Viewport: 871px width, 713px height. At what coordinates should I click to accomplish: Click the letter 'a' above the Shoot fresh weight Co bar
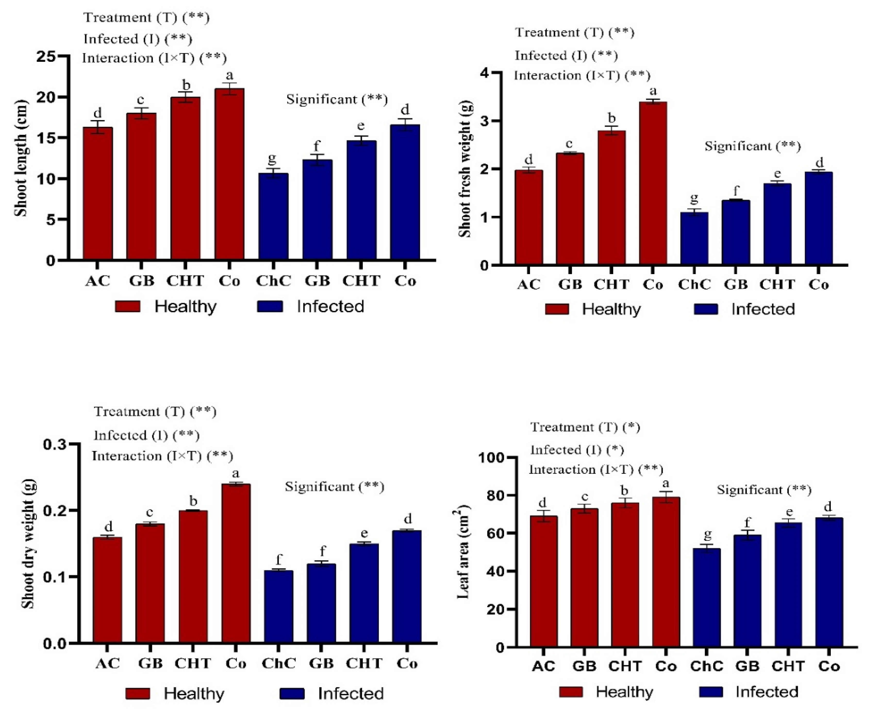[653, 91]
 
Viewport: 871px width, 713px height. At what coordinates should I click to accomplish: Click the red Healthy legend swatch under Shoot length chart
[127, 306]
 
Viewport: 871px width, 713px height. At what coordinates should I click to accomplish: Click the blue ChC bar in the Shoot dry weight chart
[278, 606]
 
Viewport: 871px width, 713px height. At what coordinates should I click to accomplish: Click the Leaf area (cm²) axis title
[463, 553]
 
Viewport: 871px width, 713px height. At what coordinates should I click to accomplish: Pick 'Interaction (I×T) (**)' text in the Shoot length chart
[154, 58]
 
